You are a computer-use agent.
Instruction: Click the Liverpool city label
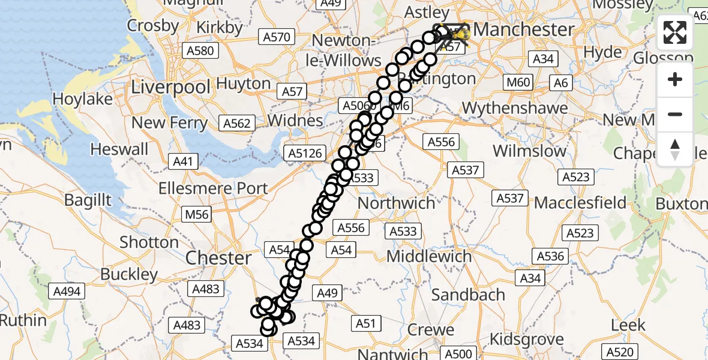(171, 87)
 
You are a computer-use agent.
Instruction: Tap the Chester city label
(218, 258)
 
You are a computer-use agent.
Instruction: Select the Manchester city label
(523, 29)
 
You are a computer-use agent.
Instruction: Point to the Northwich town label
(396, 203)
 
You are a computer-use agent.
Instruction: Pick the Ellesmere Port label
(213, 188)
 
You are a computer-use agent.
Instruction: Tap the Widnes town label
(295, 120)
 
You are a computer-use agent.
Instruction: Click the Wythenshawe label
(515, 108)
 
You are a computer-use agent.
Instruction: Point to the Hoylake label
(83, 99)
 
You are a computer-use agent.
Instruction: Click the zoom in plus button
(675, 80)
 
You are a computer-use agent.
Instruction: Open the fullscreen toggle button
(675, 32)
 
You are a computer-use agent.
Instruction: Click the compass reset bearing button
(675, 149)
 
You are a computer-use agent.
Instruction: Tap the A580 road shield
(201, 51)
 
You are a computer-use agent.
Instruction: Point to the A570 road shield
(277, 37)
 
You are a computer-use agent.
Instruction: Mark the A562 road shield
(236, 124)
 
